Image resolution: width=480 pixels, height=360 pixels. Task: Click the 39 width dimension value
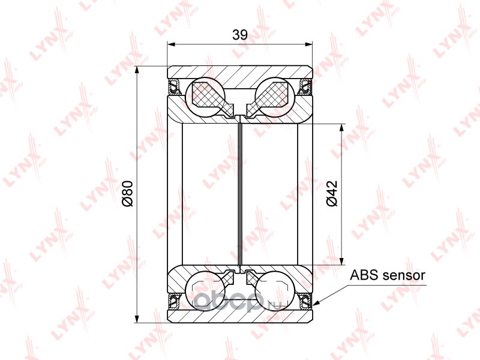(x=239, y=35)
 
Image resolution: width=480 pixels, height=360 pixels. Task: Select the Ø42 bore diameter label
(x=332, y=193)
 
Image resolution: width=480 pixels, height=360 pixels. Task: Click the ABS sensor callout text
(x=388, y=275)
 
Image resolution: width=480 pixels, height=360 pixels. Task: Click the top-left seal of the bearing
(x=175, y=86)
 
